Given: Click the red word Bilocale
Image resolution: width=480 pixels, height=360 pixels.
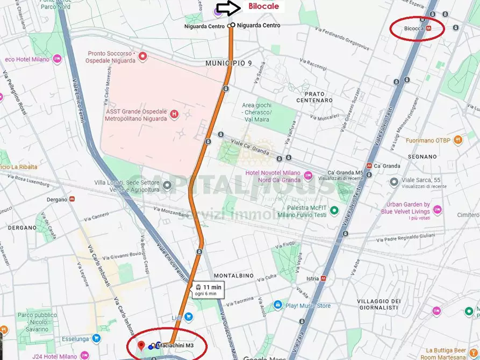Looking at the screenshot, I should click(263, 7).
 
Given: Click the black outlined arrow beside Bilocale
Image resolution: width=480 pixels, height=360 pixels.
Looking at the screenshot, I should click(228, 8).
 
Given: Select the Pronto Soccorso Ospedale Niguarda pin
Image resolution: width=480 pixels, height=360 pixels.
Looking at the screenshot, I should click(142, 56).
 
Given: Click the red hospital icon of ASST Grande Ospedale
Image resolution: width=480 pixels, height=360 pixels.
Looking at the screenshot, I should click(174, 114).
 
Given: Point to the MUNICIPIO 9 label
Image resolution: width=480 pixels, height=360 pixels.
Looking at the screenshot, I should click(228, 63).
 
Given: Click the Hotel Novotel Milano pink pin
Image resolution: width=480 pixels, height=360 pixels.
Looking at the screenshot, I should click(308, 176).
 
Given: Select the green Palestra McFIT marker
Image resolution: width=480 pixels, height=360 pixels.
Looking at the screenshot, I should click(334, 210).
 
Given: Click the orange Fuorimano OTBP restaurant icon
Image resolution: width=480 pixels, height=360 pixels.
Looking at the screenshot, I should click(457, 140).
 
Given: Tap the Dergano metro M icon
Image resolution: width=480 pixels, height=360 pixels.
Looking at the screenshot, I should click(72, 199).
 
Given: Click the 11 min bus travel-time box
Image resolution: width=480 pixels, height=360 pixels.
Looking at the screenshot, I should click(207, 290).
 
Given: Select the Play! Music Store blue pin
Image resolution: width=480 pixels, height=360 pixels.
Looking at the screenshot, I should click(277, 305).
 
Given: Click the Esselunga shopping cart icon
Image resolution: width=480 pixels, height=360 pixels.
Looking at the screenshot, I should click(96, 338).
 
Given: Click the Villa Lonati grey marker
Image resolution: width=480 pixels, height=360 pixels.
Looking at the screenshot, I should click(167, 186).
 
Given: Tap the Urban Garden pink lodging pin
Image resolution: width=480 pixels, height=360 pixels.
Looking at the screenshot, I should click(437, 208).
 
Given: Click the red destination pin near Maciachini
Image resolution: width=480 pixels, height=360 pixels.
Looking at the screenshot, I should click(141, 345).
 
